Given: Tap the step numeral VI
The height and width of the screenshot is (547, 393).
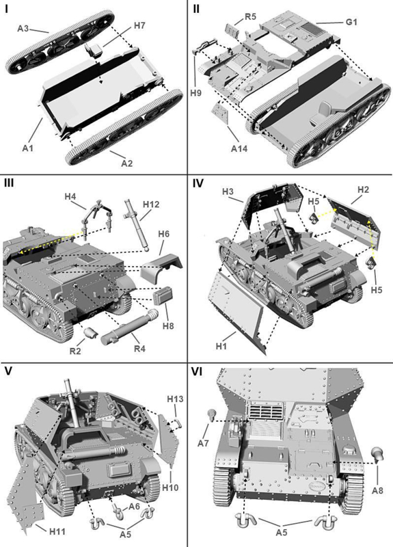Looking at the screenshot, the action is (x=198, y=372).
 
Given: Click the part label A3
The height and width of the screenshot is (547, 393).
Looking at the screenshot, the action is (x=23, y=28).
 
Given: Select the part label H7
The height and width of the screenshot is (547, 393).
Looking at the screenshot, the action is (x=139, y=25).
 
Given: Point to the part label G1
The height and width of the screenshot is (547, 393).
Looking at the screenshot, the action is (x=351, y=22).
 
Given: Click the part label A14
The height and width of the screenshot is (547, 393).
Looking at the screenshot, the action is (x=239, y=148).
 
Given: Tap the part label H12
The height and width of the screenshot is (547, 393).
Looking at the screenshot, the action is (x=151, y=204).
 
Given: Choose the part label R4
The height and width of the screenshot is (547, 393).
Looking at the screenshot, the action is (x=139, y=348).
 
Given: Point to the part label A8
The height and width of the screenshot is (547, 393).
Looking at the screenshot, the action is (x=377, y=490).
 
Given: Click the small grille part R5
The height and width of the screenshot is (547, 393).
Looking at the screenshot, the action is (x=232, y=31).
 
